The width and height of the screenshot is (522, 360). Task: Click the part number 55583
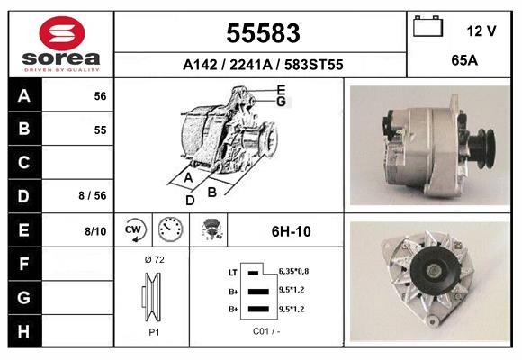coord(262,33)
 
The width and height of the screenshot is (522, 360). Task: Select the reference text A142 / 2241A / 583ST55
coord(262,65)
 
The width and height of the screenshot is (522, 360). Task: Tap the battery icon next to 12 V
coord(427,28)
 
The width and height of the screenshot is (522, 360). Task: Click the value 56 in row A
coord(101,96)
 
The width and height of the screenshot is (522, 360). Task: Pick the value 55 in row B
coord(101,130)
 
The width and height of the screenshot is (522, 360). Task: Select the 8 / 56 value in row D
coord(94,195)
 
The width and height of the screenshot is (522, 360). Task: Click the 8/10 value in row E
coord(95,231)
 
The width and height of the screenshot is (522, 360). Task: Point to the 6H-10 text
coord(291,231)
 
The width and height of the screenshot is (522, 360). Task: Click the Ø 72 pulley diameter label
coord(154,260)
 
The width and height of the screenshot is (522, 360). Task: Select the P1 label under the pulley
coord(153,331)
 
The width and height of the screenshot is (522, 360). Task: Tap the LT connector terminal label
coord(232,270)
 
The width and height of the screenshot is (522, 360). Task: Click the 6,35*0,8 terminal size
coord(294,270)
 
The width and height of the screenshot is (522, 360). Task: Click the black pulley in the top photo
coord(482,143)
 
